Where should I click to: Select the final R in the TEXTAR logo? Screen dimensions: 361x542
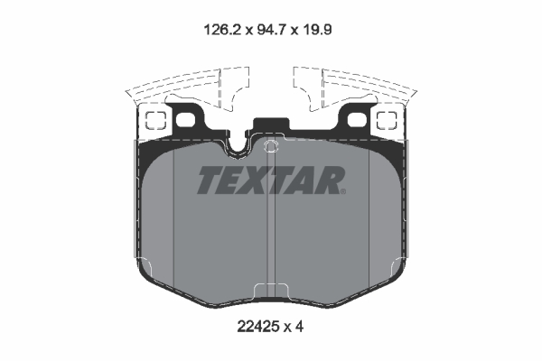coord(330,181)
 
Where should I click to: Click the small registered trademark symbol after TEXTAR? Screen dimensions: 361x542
coord(344,190)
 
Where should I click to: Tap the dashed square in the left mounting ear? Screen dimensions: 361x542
coord(154,119)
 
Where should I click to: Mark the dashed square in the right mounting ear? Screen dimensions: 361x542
coord(387,119)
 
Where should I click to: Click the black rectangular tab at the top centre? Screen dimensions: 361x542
coord(271,127)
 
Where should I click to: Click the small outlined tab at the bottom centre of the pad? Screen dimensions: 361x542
coord(271,292)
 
